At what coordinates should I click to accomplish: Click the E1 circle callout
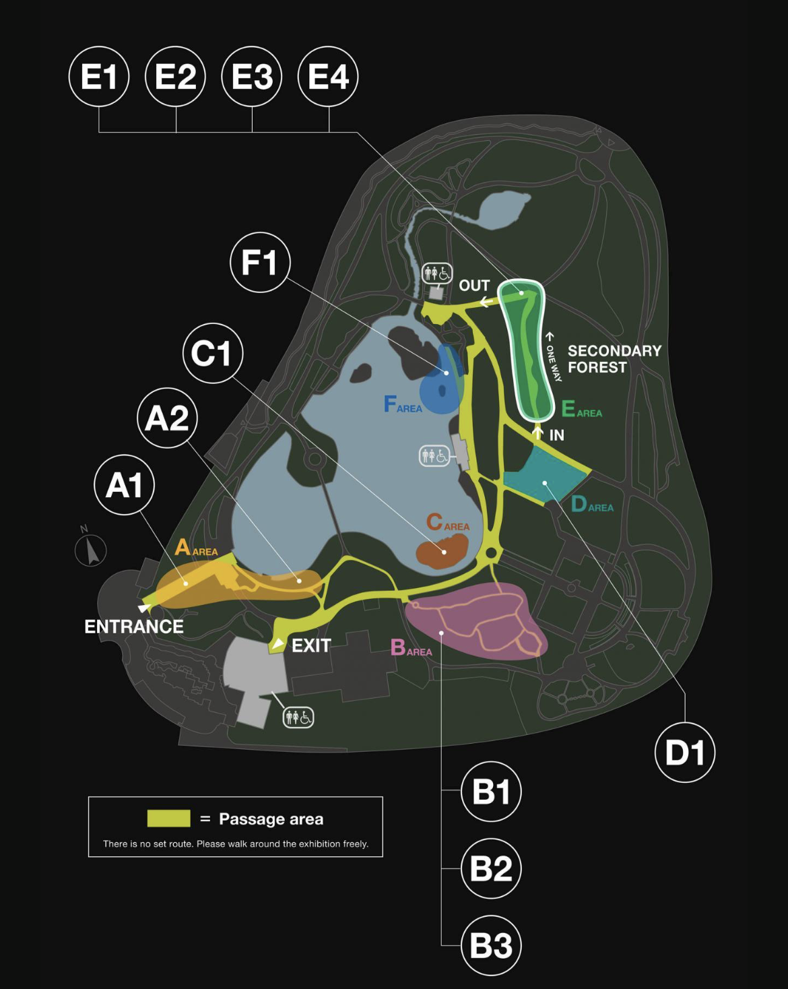[99, 76]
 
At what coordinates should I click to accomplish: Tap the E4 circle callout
[328, 76]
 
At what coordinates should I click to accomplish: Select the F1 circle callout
[260, 263]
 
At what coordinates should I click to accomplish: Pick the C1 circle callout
[213, 354]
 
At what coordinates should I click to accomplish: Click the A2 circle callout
[167, 418]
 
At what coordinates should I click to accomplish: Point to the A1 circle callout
[124, 485]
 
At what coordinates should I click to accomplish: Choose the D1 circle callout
[685, 753]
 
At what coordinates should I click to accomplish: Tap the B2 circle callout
[491, 868]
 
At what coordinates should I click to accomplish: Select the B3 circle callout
[491, 945]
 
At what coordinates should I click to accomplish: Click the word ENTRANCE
[134, 627]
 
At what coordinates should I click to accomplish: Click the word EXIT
[311, 645]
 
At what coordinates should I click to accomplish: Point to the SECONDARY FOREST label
[614, 359]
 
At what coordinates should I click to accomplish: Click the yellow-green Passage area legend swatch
[168, 819]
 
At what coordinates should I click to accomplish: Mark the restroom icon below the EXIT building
[298, 717]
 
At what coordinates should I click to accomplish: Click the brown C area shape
[442, 552]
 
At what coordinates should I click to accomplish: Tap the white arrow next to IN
[537, 433]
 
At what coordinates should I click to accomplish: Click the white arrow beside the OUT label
[484, 302]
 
